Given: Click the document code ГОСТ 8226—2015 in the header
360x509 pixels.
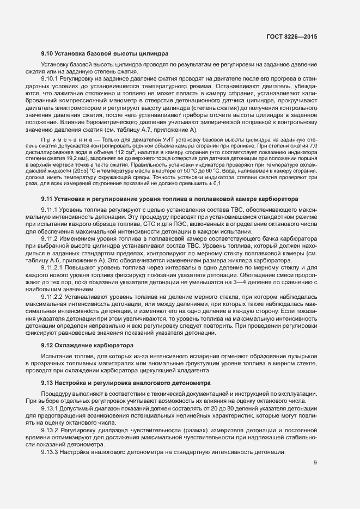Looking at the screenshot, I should [x=292, y=36].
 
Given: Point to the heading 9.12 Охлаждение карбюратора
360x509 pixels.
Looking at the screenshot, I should [x=86, y=346].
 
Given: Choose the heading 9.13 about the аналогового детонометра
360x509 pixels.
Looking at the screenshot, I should [x=126, y=383].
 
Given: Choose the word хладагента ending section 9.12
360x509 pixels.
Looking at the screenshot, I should [x=191, y=371].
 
